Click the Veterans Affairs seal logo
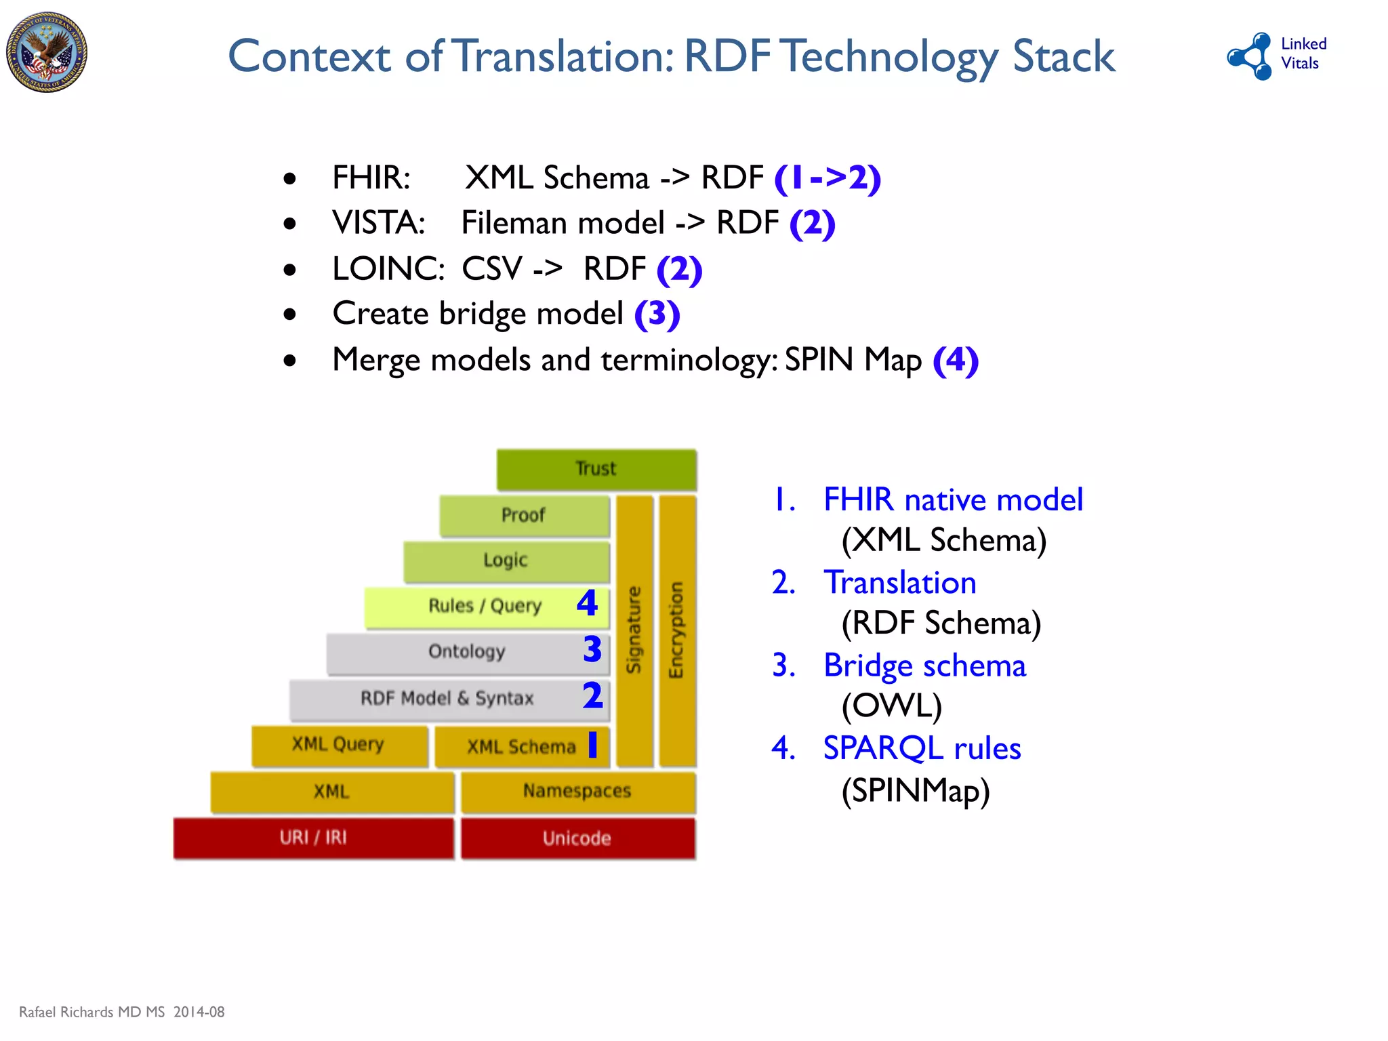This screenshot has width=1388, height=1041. (x=47, y=52)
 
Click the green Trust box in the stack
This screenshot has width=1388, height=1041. (x=596, y=469)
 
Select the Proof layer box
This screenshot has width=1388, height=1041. (x=524, y=515)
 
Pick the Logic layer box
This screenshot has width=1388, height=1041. (x=506, y=560)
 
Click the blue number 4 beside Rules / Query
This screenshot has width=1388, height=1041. (x=587, y=603)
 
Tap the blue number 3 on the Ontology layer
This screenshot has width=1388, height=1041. (x=592, y=649)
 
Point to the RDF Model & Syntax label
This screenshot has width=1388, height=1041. (x=447, y=698)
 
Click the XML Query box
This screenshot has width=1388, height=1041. (x=338, y=745)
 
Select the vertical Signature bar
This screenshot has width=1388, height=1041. (x=634, y=630)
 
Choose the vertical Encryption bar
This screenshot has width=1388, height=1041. (x=677, y=630)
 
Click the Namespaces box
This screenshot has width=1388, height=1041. (x=577, y=791)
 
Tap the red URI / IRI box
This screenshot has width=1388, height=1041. (x=313, y=838)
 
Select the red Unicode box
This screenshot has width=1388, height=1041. (x=577, y=838)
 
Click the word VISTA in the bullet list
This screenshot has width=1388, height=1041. (x=377, y=223)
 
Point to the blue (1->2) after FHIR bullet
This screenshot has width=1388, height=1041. (x=828, y=178)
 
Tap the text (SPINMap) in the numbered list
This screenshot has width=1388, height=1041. (x=915, y=790)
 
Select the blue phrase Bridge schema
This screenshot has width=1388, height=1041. (x=924, y=666)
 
